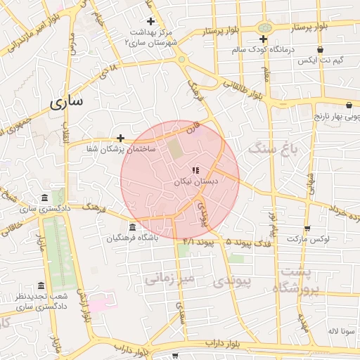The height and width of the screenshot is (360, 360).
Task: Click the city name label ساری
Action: point(67,101)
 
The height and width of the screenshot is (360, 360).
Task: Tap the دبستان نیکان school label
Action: point(197,181)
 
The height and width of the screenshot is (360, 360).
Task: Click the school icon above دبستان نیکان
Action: point(195,169)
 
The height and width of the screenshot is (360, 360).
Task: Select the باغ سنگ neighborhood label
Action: point(274,149)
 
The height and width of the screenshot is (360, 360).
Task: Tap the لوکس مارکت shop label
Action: point(308,239)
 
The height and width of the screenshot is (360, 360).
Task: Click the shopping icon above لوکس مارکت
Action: point(307,228)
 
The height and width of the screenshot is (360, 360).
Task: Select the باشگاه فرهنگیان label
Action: point(133,238)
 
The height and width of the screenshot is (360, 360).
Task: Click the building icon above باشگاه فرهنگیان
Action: point(133,226)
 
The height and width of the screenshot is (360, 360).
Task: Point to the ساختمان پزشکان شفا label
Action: point(121,149)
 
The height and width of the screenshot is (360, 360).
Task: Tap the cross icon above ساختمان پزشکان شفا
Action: point(120,138)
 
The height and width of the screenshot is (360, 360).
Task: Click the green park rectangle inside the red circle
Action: point(173,148)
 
